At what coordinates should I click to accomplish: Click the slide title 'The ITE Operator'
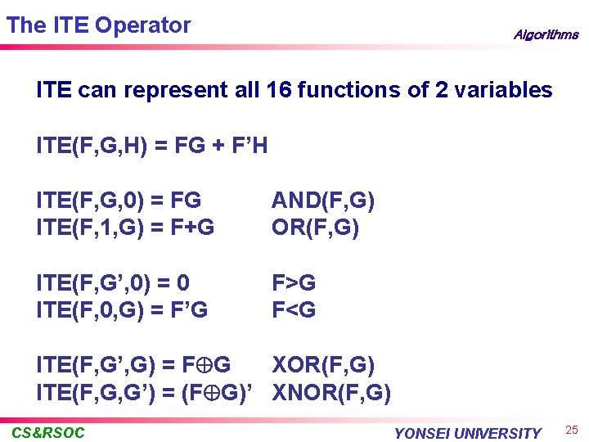[x=98, y=25]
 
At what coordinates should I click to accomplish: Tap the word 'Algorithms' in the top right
[x=546, y=35]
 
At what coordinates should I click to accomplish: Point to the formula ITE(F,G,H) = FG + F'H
[x=152, y=147]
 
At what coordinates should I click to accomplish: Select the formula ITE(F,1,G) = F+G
[x=125, y=226]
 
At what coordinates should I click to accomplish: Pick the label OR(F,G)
[x=315, y=226]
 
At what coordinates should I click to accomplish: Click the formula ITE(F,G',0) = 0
[x=114, y=283]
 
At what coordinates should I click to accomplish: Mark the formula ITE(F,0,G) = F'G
[x=122, y=309]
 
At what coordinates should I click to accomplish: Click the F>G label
[x=294, y=283]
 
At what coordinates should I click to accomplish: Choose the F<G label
[x=294, y=309]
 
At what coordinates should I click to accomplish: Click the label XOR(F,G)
[x=323, y=365]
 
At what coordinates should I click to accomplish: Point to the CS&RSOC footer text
[x=48, y=432]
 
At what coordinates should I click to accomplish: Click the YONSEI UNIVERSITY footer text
[x=467, y=433]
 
